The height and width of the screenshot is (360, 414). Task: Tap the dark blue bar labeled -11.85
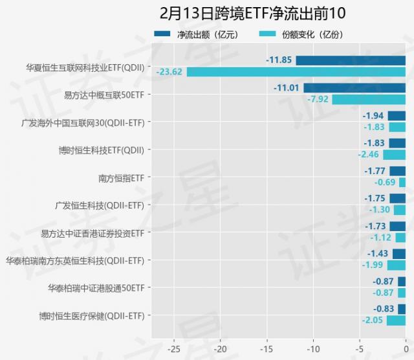[351, 60]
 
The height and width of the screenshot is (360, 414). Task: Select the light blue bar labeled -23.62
[296, 72]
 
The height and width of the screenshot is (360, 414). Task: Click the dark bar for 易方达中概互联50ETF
[354, 88]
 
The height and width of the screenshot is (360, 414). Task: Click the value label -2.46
[369, 155]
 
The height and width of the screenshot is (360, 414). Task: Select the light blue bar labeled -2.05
[396, 321]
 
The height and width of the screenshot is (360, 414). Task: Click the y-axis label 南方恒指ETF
[121, 177]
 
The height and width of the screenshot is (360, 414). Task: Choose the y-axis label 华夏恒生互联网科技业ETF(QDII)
[85, 66]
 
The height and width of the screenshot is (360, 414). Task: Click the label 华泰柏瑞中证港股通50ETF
[96, 288]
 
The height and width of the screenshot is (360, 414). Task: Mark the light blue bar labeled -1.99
[397, 265]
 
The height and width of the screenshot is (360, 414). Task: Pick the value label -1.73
[376, 226]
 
